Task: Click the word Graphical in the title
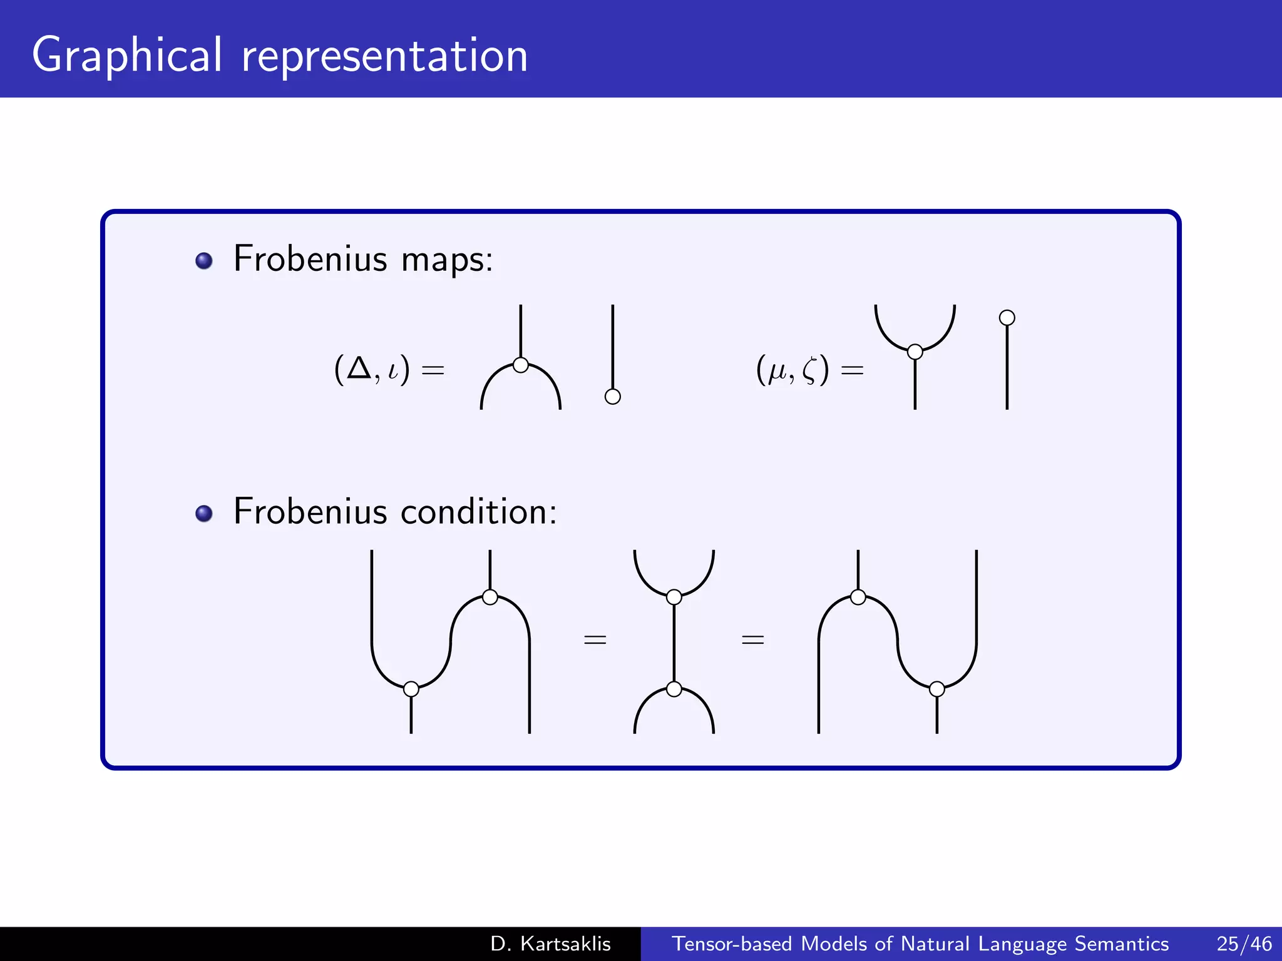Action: tap(127, 56)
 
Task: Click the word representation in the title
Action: tap(384, 56)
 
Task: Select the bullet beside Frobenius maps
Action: tap(204, 260)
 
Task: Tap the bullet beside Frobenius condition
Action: tap(204, 514)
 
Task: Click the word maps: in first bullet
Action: tap(447, 259)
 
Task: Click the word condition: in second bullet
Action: tap(478, 512)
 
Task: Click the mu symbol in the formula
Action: tap(777, 370)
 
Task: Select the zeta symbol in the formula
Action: tap(809, 370)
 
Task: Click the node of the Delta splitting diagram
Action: tap(520, 365)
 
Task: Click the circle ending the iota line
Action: tap(613, 396)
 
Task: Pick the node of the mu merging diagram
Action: tap(915, 352)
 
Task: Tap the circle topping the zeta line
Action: tap(1007, 318)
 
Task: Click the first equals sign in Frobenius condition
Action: tap(595, 639)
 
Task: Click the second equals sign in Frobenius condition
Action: tap(752, 639)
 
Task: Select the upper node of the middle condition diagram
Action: tap(674, 597)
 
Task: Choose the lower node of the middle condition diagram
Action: tap(674, 689)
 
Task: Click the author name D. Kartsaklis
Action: tap(550, 943)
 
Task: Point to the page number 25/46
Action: tap(1244, 943)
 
